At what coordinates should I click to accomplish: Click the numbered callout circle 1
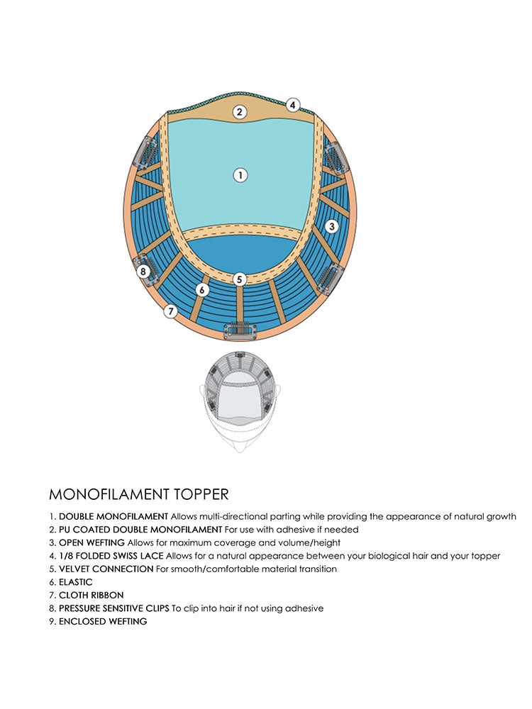tap(240, 174)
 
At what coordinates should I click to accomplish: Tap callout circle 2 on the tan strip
tap(240, 111)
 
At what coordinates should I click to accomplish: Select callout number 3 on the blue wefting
tap(331, 227)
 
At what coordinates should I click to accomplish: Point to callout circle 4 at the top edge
tap(292, 105)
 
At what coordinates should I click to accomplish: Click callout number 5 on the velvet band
tap(240, 279)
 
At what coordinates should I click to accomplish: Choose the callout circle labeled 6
tap(203, 289)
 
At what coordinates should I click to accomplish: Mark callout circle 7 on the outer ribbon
tap(170, 311)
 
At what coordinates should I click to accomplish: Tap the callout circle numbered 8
tap(144, 271)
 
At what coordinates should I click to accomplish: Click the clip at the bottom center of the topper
tap(240, 330)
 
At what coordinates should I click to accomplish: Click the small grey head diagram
tap(240, 401)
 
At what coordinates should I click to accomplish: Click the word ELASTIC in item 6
tap(76, 582)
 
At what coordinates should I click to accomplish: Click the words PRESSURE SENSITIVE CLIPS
tap(114, 608)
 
